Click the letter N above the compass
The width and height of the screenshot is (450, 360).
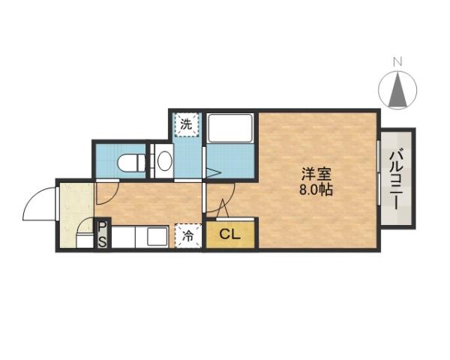399,61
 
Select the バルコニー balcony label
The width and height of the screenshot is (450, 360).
397,178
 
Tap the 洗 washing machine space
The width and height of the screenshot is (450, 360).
185,124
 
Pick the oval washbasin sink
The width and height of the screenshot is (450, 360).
163,160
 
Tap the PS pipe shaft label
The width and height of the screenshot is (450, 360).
102,233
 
